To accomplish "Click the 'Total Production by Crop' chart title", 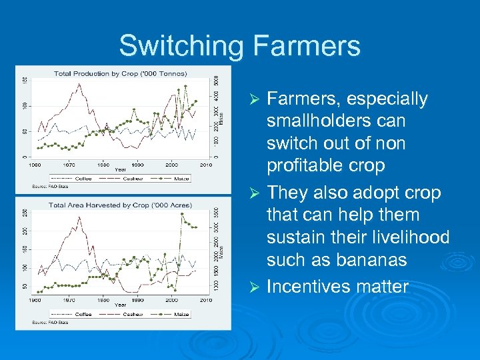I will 120,73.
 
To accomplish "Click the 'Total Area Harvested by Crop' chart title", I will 121,205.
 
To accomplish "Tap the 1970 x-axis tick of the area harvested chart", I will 68,300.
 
